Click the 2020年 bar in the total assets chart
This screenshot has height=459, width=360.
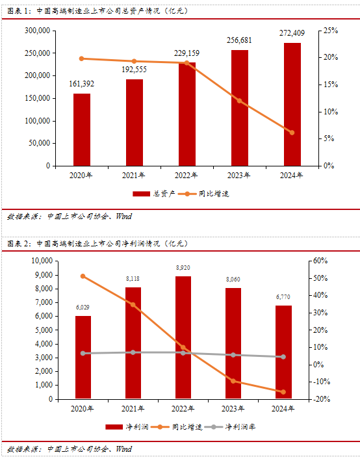point(82,129)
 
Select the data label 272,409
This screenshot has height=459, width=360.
point(292,33)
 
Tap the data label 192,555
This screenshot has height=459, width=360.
point(134,70)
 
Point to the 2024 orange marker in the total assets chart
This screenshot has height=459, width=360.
point(292,133)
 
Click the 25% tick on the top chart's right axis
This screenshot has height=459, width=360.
point(331,31)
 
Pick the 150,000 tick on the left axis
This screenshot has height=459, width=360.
point(38,98)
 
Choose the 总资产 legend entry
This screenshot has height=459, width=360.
point(154,194)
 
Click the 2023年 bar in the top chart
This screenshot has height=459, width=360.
point(239,108)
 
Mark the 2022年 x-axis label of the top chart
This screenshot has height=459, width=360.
point(186,176)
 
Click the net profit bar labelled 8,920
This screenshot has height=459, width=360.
point(183,337)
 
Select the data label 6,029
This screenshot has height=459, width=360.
point(83,308)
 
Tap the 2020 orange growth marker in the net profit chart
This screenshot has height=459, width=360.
point(83,276)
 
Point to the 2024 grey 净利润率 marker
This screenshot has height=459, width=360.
point(283,357)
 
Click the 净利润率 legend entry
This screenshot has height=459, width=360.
point(230,426)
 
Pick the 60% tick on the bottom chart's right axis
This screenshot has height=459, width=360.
point(320,261)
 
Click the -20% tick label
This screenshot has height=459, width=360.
point(322,399)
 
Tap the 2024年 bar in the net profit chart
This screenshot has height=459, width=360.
point(283,352)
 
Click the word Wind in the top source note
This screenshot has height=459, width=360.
point(124,216)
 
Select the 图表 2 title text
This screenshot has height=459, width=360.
point(97,244)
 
